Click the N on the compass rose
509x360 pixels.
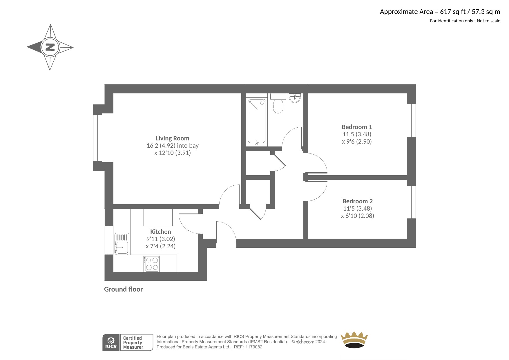50,47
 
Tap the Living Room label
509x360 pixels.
172,138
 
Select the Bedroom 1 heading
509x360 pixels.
357,127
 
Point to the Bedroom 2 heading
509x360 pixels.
357,201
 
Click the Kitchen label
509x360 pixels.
160,231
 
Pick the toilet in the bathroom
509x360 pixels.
278,103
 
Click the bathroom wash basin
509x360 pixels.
295,98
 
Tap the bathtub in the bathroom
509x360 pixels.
257,122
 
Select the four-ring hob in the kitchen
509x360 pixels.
152,264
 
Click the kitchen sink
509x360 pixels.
122,244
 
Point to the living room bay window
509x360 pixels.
98,138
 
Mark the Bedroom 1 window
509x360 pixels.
411,120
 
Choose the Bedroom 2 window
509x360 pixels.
411,202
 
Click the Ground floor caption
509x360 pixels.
124,289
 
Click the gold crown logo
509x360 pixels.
354,340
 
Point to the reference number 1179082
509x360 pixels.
254,347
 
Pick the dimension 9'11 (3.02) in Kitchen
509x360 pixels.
161,239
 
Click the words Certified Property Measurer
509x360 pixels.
133,343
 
